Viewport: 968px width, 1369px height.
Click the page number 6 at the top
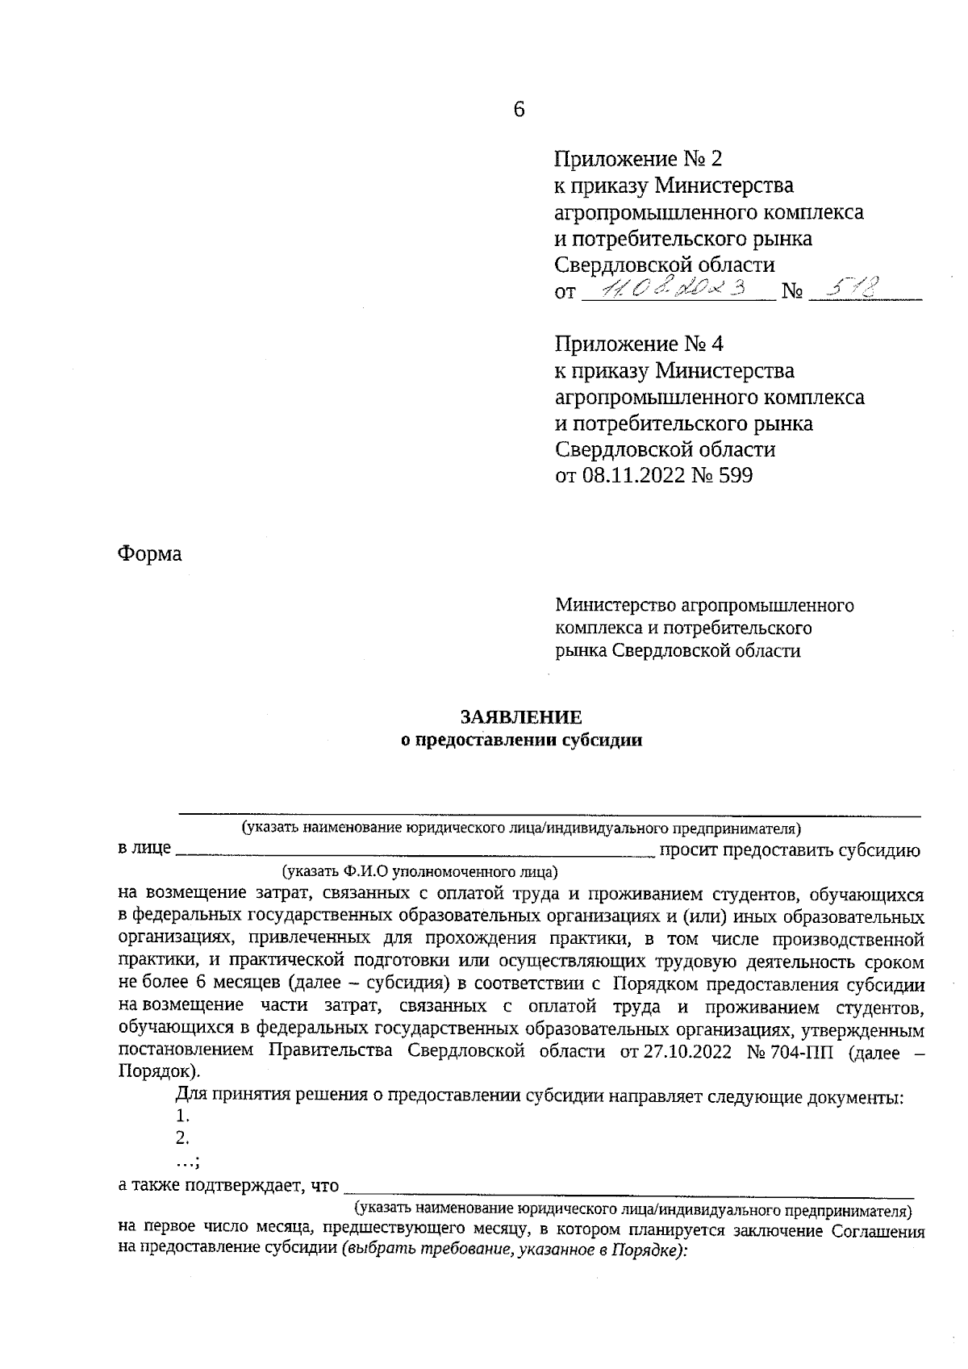[519, 110]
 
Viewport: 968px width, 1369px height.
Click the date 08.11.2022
[633, 476]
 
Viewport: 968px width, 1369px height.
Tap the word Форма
[149, 554]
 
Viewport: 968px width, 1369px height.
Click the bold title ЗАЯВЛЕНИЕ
[520, 717]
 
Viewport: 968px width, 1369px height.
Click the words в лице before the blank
[144, 849]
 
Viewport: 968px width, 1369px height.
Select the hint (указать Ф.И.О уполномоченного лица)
[419, 872]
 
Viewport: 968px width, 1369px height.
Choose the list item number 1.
[182, 1116]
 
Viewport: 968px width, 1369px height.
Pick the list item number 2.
[182, 1138]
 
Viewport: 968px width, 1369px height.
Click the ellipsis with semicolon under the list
[187, 1160]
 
